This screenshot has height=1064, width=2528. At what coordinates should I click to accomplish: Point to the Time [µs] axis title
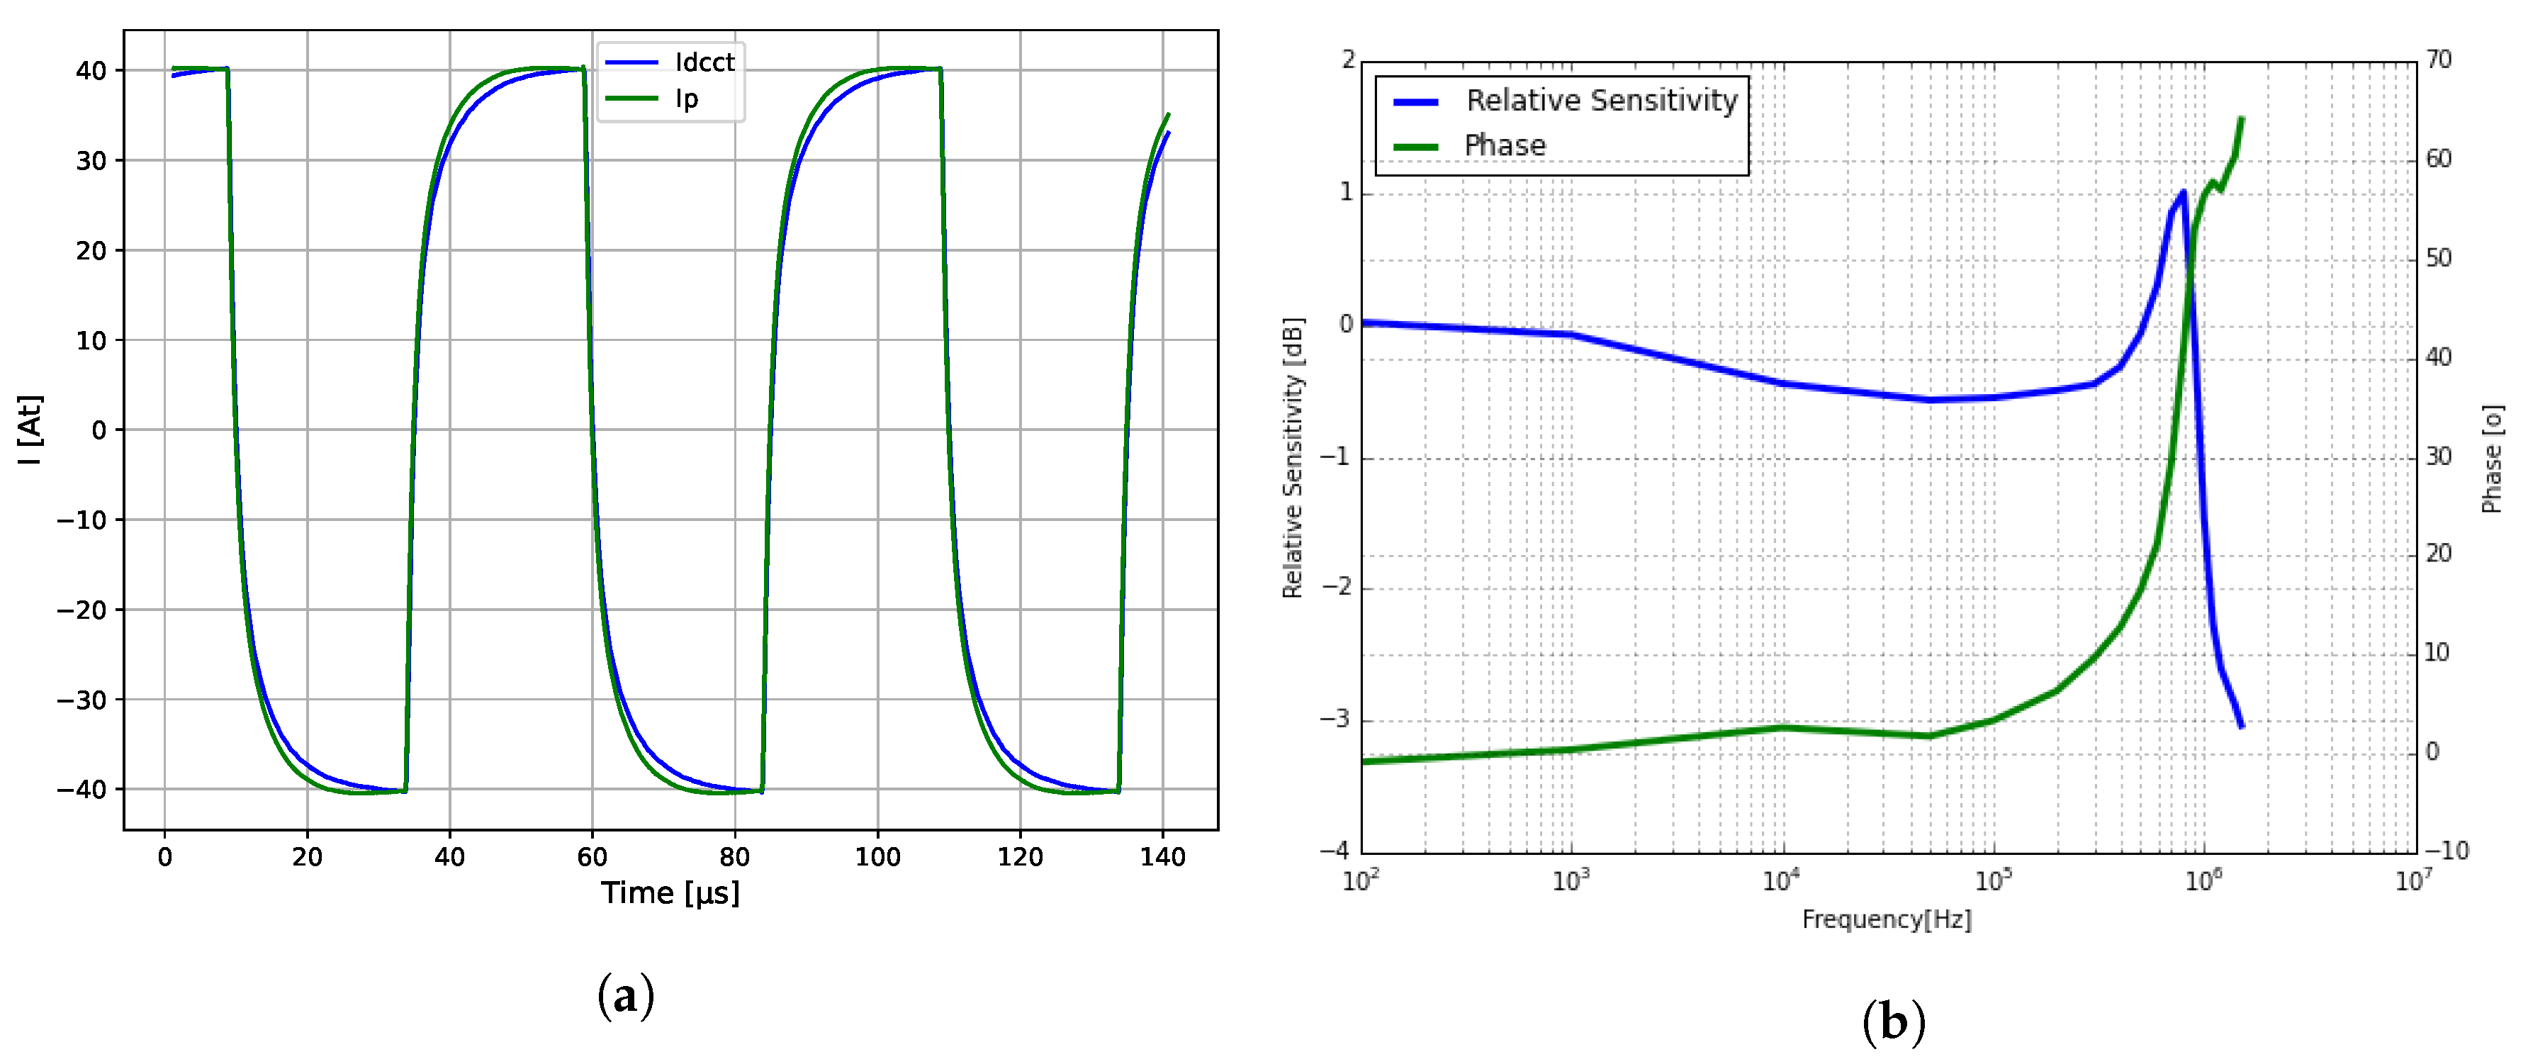pos(670,893)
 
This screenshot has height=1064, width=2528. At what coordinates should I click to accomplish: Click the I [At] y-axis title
pos(30,430)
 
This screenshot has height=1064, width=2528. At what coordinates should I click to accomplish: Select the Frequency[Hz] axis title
pos(1886,919)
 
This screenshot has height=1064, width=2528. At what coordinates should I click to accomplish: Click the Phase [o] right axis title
pos(2492,459)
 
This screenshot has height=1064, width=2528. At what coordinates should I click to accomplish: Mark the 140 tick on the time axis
pos(1163,858)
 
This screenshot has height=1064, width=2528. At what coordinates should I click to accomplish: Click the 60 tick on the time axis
pos(592,858)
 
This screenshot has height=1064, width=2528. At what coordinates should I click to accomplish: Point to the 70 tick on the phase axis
pos(2439,60)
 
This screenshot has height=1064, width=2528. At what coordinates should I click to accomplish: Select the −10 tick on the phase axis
pos(2446,851)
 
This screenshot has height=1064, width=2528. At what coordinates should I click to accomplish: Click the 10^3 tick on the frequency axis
pos(1571,881)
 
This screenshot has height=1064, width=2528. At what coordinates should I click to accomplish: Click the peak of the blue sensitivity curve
pos(2184,191)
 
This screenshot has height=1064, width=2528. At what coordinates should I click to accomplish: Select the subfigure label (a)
pos(625,996)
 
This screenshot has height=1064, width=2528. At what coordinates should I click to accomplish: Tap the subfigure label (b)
pos(1893,1023)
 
